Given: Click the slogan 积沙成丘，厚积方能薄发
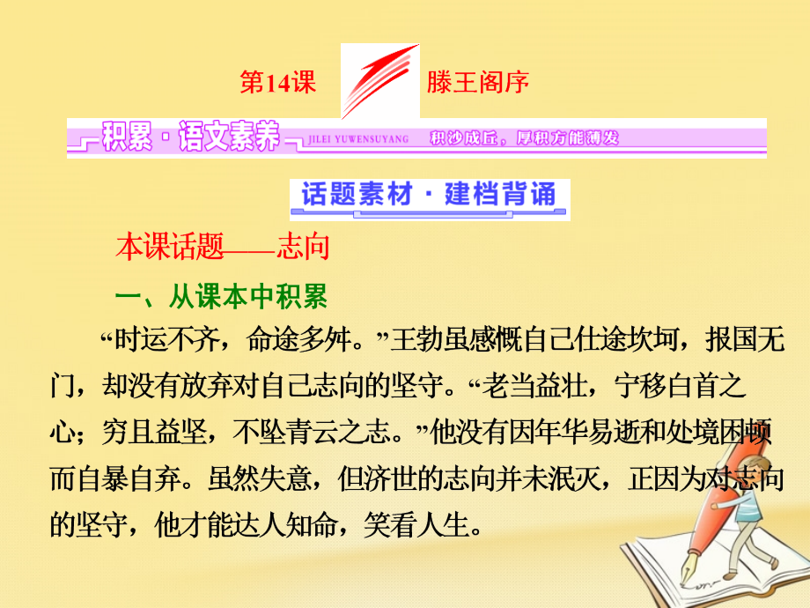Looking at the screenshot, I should click(x=525, y=138).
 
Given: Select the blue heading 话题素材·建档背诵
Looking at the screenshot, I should click(x=429, y=196).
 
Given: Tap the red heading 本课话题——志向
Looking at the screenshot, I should click(x=222, y=248).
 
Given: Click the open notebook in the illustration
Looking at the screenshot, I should click(x=652, y=564).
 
